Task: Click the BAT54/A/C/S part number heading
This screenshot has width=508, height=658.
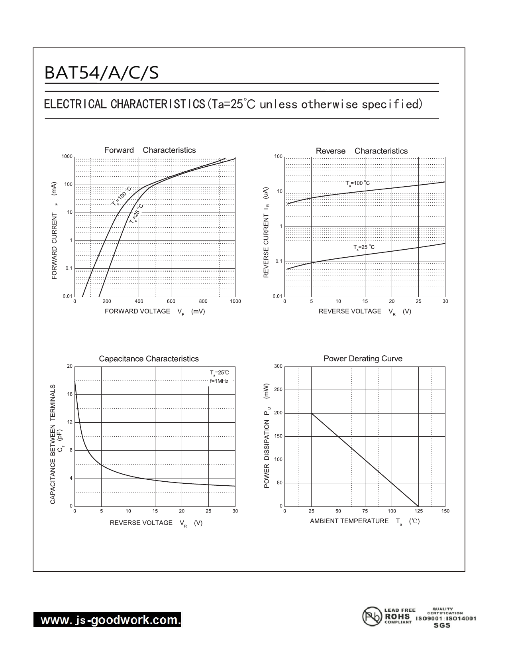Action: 102,73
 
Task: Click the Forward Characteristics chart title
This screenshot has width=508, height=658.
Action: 150,150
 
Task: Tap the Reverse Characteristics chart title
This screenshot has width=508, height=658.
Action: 361,151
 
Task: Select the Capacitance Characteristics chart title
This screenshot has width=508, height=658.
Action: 149,359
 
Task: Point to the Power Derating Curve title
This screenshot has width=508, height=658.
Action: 363,359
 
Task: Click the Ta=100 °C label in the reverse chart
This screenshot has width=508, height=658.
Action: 357,183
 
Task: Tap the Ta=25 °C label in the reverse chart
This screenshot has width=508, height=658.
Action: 364,247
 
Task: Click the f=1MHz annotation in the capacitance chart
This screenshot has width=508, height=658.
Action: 219,381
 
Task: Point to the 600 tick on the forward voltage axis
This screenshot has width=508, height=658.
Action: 171,301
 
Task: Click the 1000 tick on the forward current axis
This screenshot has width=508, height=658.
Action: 67,157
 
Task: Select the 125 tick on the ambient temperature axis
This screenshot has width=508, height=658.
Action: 419,511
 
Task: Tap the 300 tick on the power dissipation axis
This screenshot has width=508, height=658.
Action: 278,366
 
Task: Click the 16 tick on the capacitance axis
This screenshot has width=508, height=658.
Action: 70,394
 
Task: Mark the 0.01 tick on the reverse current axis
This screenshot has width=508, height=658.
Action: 277,296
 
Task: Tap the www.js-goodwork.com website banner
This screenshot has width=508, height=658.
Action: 107,620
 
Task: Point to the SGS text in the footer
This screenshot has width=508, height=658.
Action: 442,625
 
